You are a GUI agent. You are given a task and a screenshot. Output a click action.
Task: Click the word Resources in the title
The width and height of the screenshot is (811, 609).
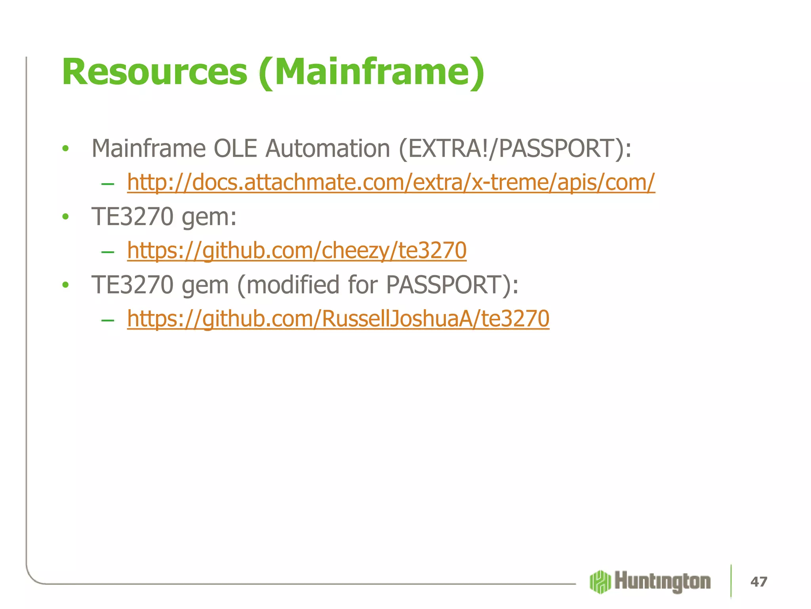pos(154,72)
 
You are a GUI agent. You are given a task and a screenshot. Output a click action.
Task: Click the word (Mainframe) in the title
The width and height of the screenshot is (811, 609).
pos(371,72)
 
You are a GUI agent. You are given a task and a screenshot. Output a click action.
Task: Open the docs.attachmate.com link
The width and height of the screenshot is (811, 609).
pos(391,182)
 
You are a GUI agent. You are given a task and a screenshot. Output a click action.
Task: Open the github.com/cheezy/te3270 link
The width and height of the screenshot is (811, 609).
pos(297,251)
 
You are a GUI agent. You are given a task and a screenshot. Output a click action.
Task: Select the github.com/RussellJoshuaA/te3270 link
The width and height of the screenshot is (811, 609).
pos(338,319)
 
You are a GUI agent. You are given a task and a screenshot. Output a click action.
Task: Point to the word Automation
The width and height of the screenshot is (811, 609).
pos(328,149)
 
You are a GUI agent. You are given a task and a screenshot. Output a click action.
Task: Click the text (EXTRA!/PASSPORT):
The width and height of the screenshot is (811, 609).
pos(515,149)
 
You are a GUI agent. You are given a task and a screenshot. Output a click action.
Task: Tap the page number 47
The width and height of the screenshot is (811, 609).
pos(759,582)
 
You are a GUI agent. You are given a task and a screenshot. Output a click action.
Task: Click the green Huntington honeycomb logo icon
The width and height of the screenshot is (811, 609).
pos(600,582)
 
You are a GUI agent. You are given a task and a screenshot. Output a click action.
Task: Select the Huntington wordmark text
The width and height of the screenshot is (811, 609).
pos(663,582)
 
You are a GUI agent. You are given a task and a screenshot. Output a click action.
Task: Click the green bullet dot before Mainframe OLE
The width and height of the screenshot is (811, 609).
pos(66,149)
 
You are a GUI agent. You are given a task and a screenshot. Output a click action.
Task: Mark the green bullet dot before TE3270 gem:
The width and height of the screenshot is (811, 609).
pos(66,217)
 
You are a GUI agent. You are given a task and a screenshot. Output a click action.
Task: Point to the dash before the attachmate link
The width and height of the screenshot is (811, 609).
pos(108,184)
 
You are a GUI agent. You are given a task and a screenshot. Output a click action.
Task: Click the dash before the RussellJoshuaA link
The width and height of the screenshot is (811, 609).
pos(108,320)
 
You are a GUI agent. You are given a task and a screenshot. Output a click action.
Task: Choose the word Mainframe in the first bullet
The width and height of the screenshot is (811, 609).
pos(148,149)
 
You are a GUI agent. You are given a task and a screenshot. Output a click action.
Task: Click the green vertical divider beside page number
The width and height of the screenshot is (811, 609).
pos(731,581)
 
